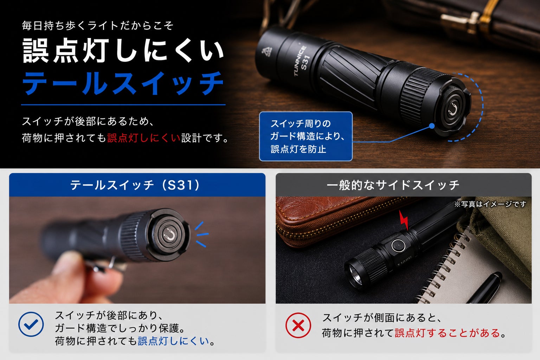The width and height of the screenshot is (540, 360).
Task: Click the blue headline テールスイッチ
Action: coord(123,83)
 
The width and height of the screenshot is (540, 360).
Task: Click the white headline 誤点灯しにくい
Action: coord(123,51)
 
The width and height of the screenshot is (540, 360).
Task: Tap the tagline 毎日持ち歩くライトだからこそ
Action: coord(98,26)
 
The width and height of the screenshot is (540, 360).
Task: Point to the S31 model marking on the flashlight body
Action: coord(305,63)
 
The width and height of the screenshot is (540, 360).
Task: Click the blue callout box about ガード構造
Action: coord(306,136)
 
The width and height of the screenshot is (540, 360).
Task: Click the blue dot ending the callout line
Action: coord(432,126)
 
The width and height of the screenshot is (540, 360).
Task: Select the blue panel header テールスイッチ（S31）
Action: coord(137,185)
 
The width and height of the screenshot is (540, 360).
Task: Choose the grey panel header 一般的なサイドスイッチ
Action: coord(404,185)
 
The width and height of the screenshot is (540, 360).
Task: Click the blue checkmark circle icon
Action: coord(31,324)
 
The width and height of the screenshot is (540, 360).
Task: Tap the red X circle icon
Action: coord(298,325)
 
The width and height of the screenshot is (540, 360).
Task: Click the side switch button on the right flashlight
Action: coord(398,245)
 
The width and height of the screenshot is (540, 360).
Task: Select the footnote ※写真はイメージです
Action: coord(490,204)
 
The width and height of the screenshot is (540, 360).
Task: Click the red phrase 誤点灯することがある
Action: coord(448,333)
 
